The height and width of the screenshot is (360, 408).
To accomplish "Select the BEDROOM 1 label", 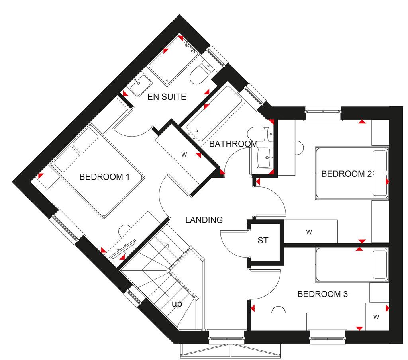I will [x=105, y=176].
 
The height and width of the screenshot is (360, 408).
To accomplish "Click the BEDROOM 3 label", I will [x=323, y=294].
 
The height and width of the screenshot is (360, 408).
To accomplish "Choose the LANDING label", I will [x=204, y=219].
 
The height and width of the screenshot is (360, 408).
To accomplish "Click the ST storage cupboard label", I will [x=263, y=240].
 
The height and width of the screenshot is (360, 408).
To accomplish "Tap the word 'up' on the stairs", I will [x=177, y=304].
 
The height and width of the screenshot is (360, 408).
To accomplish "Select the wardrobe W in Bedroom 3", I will [x=376, y=317].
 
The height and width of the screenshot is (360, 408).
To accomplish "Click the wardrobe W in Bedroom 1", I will [x=184, y=155].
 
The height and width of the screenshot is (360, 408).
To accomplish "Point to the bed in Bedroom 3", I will [x=351, y=265].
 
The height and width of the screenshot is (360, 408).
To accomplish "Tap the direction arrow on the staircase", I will [x=168, y=245].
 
